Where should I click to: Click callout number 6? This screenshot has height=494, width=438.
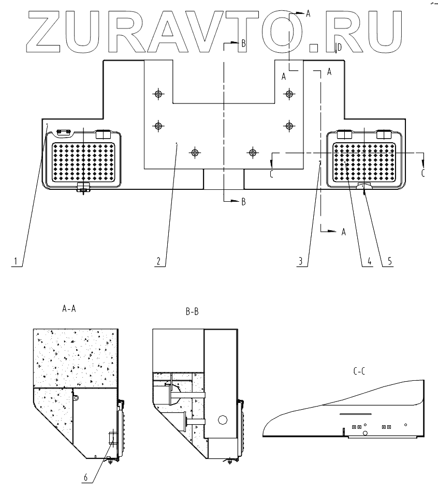coord(86,477)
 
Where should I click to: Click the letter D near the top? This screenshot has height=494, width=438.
coord(339,48)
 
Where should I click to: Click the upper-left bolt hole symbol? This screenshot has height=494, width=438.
coord(158,94)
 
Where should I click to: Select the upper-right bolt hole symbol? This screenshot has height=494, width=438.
coord(289,94)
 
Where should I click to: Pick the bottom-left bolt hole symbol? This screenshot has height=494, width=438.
coord(195,153)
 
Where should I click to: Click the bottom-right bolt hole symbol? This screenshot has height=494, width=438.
coord(253,153)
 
